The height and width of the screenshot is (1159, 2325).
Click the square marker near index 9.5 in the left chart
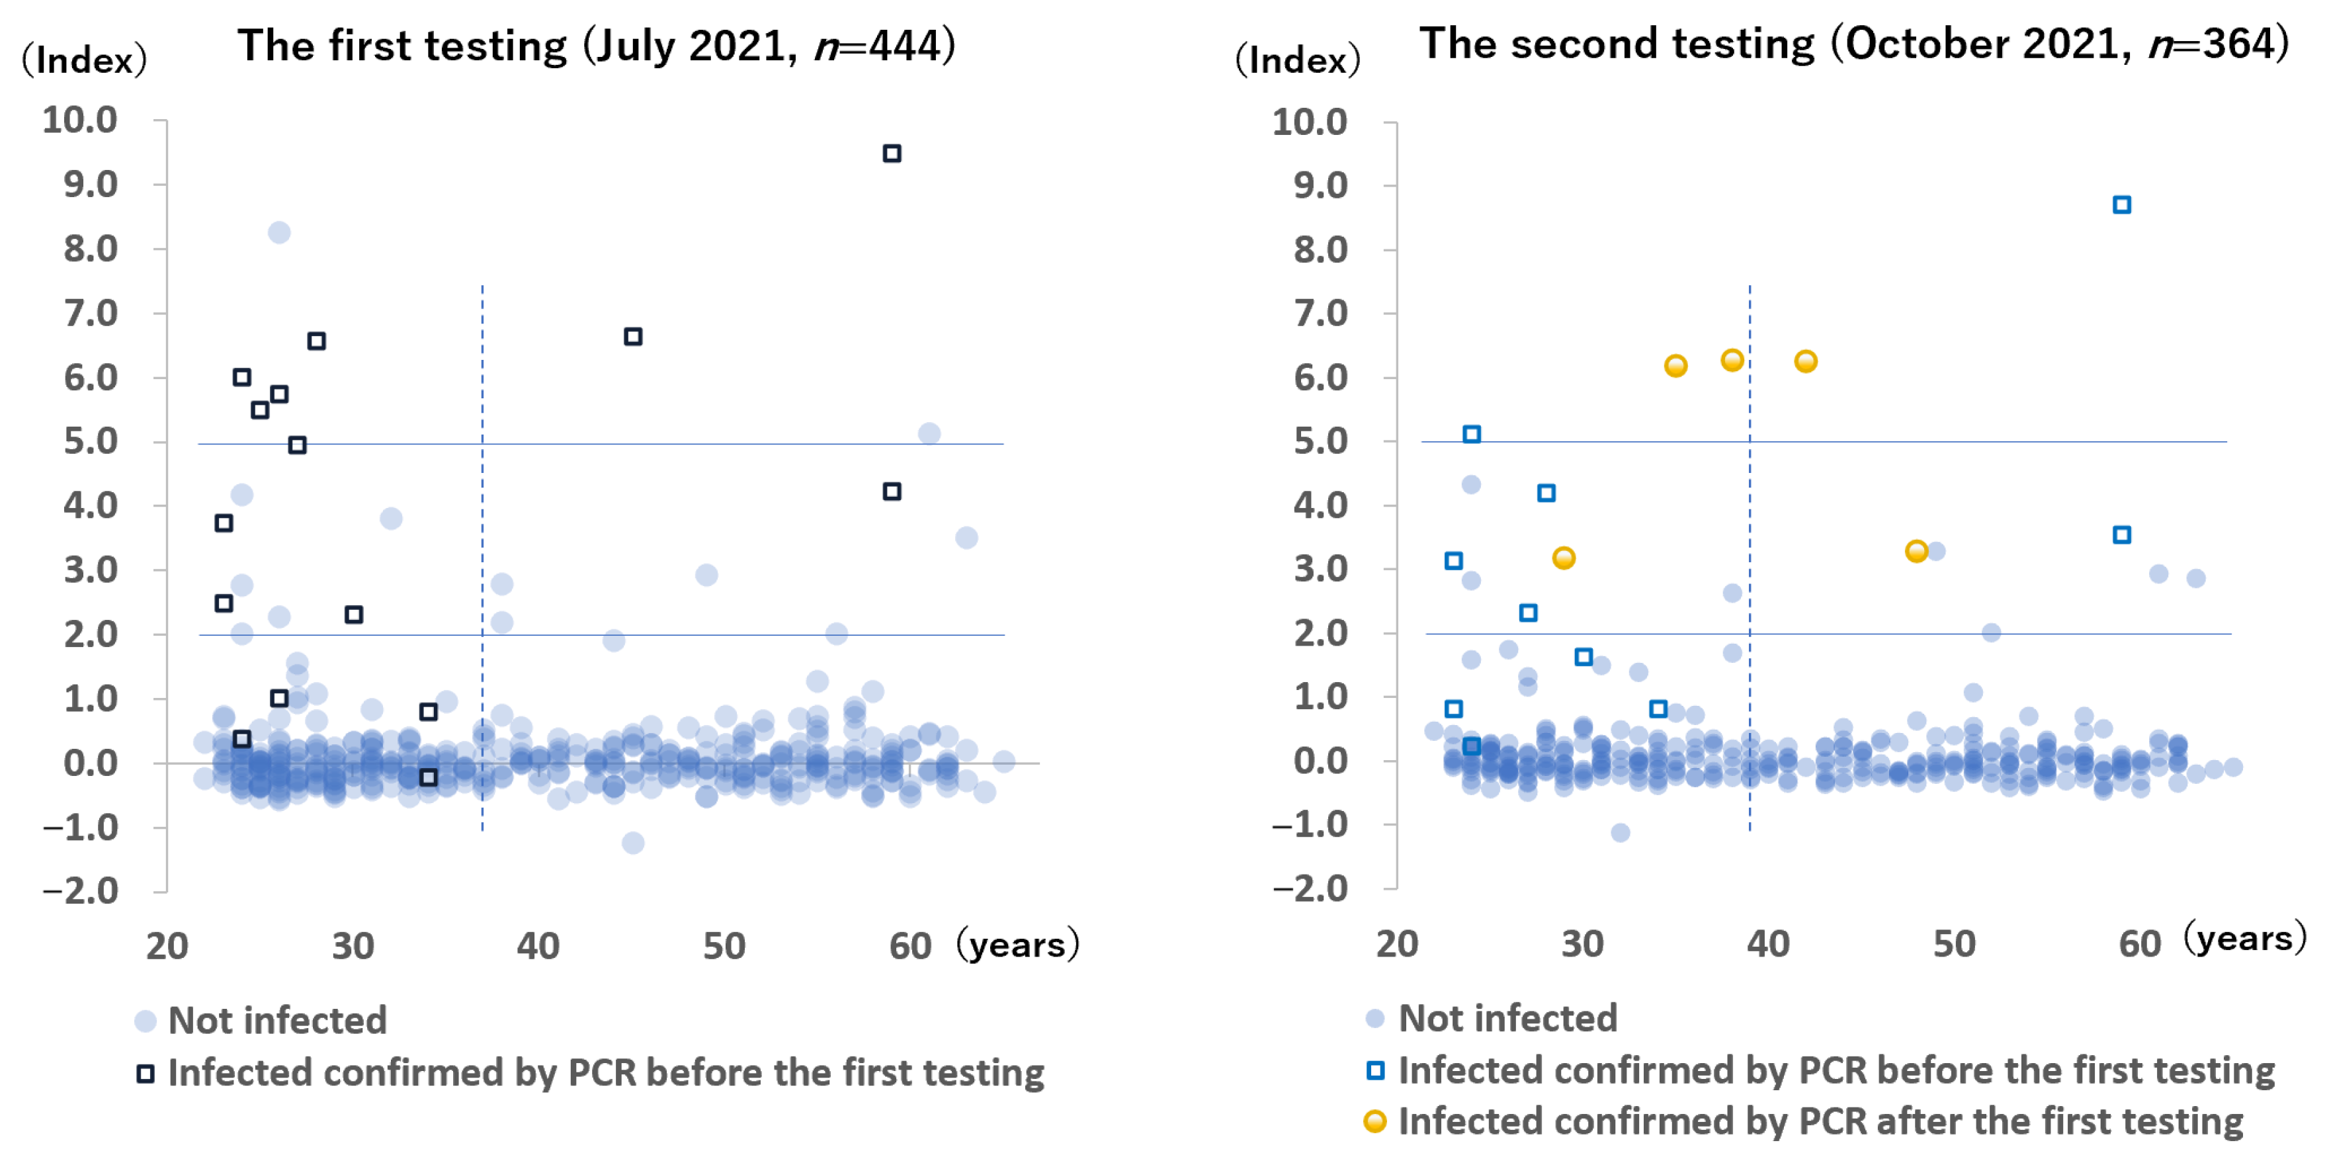pos(892,153)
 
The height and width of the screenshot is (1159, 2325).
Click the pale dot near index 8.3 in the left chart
pos(279,233)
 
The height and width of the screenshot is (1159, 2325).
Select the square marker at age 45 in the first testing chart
pos(633,337)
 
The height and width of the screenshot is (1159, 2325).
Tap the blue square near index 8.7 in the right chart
pos(2122,205)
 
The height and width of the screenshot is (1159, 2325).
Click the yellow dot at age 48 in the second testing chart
pos(1916,550)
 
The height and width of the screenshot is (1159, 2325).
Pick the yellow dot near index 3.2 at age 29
pos(1563,558)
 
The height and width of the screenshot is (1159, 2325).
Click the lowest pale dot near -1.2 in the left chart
pos(633,842)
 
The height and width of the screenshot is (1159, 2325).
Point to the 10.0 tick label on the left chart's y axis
pos(79,120)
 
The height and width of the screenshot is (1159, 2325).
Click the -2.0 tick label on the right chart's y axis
pos(1310,888)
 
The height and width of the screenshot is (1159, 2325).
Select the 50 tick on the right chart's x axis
pos(1954,943)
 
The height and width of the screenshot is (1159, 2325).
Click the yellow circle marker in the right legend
pos(1374,1121)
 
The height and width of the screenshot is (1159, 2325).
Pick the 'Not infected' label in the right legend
pos(1507,1018)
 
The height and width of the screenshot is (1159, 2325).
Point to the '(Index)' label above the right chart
pos(1297,60)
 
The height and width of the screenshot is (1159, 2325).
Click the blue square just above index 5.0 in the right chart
pos(1471,434)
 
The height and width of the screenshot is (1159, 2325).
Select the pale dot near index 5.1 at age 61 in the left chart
pos(929,433)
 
